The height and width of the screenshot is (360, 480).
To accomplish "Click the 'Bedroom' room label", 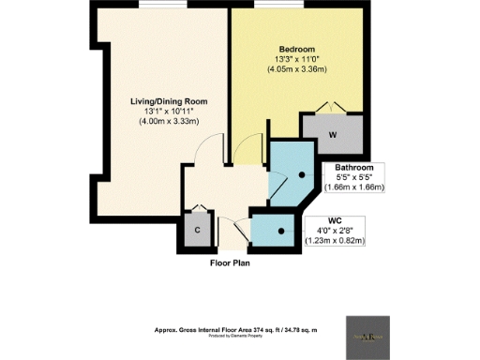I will tap(296, 48).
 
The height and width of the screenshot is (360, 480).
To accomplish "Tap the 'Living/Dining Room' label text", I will tap(169, 100).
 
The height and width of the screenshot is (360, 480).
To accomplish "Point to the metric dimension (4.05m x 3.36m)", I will tap(296, 68).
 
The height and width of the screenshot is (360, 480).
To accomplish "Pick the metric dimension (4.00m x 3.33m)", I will tap(169, 121).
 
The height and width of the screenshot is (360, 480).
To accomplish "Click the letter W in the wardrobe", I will tap(333, 133).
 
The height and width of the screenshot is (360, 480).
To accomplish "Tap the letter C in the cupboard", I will tap(198, 230).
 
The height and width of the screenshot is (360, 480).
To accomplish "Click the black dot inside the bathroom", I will tap(302, 174).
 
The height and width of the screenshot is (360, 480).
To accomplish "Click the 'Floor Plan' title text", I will tap(230, 263).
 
